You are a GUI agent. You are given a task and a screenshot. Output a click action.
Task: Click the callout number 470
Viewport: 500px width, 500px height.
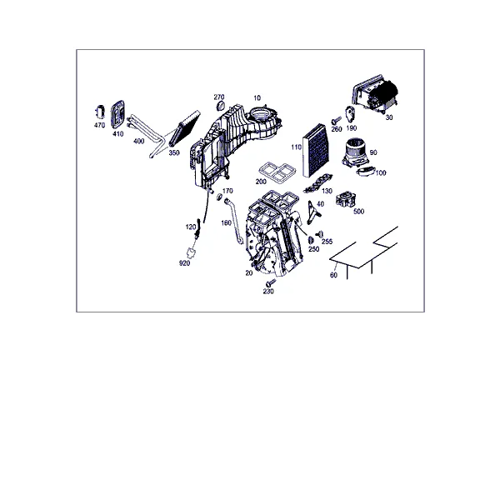point(99,125)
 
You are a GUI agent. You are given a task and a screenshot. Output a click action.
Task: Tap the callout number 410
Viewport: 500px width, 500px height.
point(118,134)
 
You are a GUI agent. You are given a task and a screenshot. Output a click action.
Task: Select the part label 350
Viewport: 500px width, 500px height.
point(174,152)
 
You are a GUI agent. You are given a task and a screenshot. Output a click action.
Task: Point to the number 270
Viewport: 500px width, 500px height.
point(219,97)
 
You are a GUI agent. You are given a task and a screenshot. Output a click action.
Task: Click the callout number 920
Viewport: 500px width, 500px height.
point(185,263)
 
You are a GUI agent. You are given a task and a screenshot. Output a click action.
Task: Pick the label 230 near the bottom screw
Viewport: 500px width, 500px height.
point(268,291)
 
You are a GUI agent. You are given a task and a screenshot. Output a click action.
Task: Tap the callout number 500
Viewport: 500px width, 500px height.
point(358,211)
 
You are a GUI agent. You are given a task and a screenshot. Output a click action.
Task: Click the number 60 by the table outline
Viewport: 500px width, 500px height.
point(333,275)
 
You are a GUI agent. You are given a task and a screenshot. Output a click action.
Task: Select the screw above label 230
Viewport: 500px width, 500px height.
point(271,282)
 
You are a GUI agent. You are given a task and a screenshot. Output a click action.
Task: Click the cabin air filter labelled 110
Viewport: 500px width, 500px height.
point(314,150)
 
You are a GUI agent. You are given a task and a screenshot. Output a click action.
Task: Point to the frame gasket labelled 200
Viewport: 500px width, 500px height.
point(276,173)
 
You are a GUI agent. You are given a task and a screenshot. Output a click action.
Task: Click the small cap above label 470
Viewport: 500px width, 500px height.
point(100,112)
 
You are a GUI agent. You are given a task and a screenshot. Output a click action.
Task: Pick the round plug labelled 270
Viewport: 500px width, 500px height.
point(221,106)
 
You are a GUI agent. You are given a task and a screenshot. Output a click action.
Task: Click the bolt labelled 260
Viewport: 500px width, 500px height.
point(336,121)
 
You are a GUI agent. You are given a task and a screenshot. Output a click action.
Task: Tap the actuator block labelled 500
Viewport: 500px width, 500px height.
point(346,200)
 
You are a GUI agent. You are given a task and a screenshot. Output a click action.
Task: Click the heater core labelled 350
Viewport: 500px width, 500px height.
point(184,127)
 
